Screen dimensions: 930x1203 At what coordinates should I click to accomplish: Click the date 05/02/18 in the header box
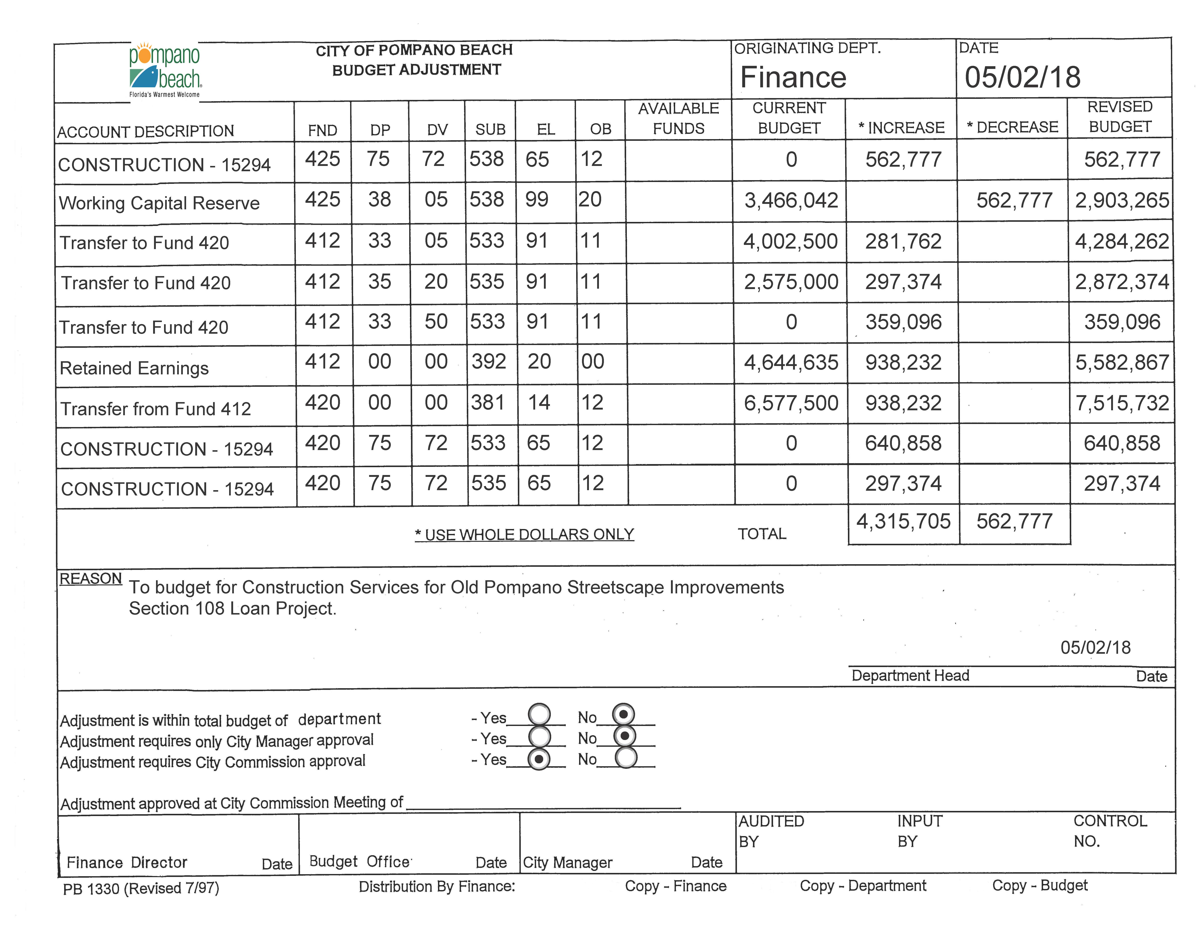[x=1022, y=77]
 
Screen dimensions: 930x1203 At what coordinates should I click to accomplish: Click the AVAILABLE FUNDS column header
[x=679, y=119]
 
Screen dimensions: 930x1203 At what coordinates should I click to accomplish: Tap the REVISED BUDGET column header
[x=1120, y=117]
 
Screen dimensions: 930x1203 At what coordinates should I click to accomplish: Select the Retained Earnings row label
[x=134, y=368]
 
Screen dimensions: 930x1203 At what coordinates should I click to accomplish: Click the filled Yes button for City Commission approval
[x=539, y=759]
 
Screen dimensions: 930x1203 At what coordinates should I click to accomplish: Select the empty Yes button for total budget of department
[x=539, y=715]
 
